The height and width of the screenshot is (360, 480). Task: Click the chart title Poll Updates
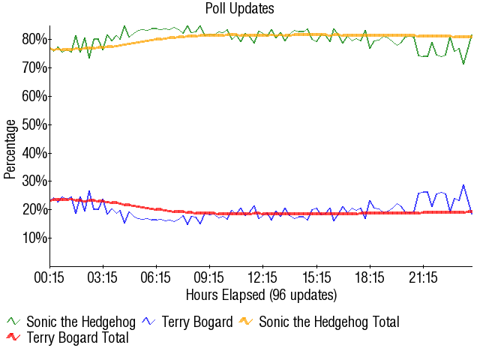tap(239, 9)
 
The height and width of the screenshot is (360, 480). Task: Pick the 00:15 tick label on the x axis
tap(50, 277)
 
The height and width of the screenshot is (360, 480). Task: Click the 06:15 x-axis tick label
tap(157, 277)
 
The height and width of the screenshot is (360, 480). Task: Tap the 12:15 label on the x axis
tap(263, 277)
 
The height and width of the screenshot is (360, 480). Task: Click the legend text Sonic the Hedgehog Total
tap(328, 322)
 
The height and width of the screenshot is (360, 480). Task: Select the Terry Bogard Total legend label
tap(77, 338)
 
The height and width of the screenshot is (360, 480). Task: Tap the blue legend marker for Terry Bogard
tap(149, 322)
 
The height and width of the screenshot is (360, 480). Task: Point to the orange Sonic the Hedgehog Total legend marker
tap(247, 322)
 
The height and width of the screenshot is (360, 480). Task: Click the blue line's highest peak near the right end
tap(463, 184)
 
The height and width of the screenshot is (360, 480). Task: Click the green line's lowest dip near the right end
tap(463, 64)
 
